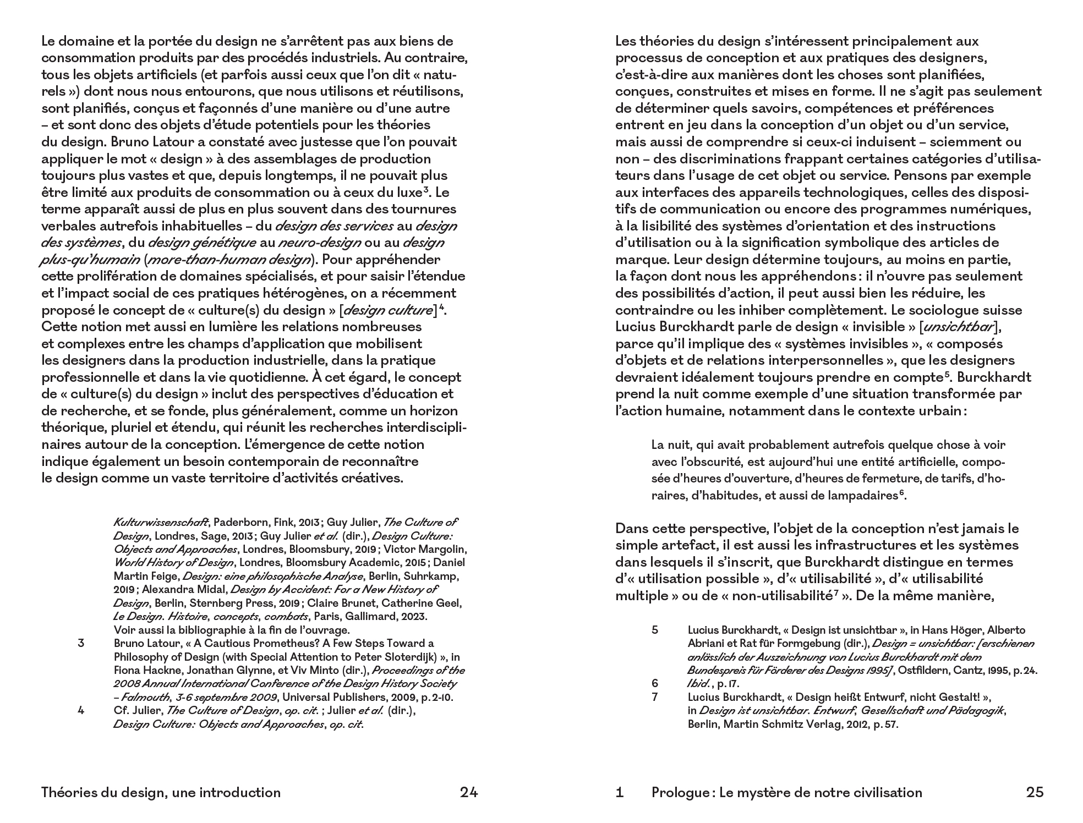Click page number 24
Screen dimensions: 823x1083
469,793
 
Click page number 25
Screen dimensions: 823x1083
1035,793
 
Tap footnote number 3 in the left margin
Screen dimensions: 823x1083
81,644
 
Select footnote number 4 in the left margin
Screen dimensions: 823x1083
81,711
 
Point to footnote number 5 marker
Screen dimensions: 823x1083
655,630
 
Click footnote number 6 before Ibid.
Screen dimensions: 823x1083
655,684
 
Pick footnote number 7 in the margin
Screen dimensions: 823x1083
655,698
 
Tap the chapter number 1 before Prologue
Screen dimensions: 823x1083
620,793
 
